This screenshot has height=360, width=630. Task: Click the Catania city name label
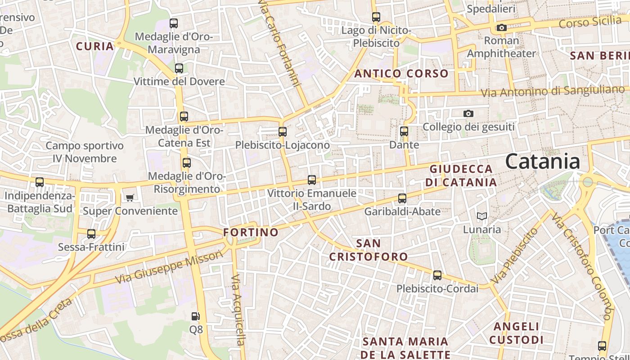(x=542, y=162)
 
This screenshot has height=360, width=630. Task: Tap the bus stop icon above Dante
(x=404, y=131)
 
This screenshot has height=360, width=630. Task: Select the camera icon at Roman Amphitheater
(x=502, y=28)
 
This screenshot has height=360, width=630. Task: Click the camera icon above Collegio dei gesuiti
(x=468, y=114)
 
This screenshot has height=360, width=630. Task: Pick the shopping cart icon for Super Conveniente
(x=130, y=198)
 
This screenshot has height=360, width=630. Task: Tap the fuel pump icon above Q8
(x=195, y=316)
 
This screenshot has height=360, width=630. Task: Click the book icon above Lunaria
(x=482, y=216)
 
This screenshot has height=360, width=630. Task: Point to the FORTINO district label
(x=251, y=232)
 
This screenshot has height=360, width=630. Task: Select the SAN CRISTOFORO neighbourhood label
(x=369, y=250)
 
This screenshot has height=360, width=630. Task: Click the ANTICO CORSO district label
(x=401, y=73)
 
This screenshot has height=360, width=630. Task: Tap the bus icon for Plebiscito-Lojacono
(x=283, y=132)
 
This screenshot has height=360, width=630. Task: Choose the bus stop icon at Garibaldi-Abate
(x=402, y=198)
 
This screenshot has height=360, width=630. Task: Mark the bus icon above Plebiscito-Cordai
(x=437, y=275)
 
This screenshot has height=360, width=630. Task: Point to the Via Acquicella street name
(x=238, y=310)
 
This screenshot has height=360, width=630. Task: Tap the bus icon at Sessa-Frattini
(x=91, y=234)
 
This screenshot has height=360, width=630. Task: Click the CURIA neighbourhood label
(x=95, y=46)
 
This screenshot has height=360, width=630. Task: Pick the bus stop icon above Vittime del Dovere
(x=179, y=68)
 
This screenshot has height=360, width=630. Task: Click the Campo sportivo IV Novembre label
(x=85, y=152)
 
